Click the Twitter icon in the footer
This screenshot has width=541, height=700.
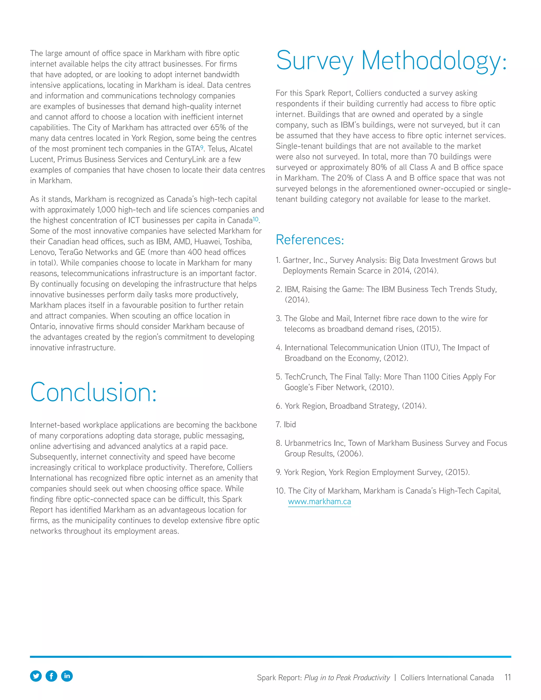[x=36, y=676]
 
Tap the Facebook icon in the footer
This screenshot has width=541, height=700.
[x=51, y=676]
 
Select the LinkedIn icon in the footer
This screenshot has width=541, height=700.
[x=67, y=676]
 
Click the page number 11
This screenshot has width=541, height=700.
[x=507, y=677]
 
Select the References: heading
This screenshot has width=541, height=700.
[x=310, y=240]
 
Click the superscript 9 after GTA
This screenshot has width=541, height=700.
[x=202, y=147]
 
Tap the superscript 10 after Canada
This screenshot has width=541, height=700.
[x=255, y=219]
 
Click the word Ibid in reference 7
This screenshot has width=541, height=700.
[x=290, y=424]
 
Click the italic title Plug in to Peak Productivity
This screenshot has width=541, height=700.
[x=347, y=678]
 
